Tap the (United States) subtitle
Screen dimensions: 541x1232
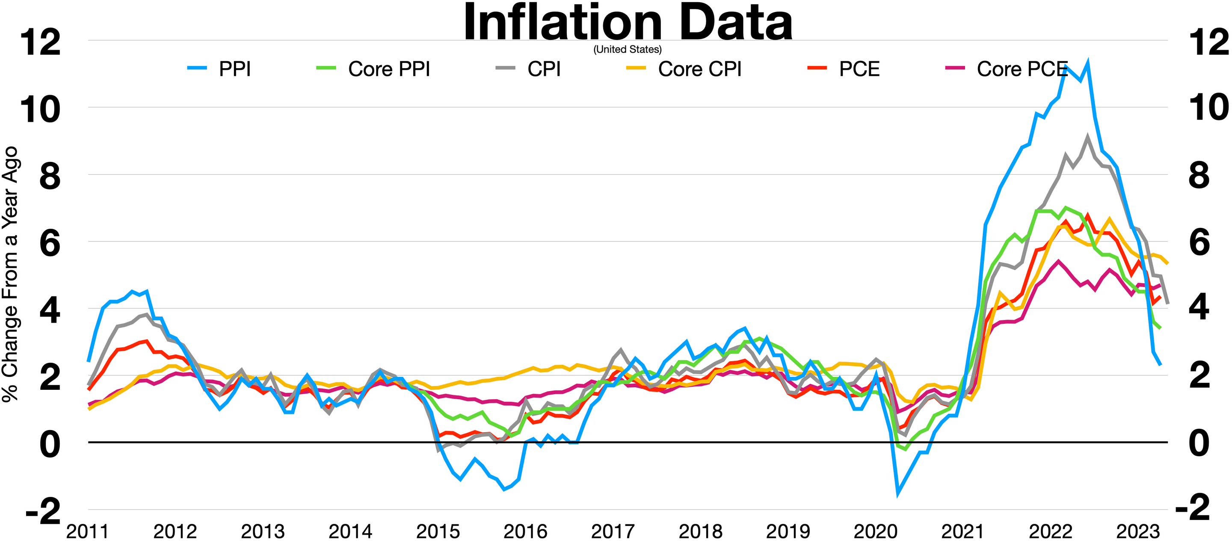628,49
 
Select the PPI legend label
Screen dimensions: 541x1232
234,69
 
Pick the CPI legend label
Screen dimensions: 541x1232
544,69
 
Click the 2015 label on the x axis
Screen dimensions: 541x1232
438,532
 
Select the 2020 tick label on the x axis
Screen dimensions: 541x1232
875,532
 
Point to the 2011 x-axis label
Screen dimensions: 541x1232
88,532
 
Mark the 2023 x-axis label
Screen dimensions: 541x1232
1138,532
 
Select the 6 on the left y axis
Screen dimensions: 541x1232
50,243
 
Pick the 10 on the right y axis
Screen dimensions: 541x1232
1208,108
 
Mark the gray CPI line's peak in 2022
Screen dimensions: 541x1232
1088,137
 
